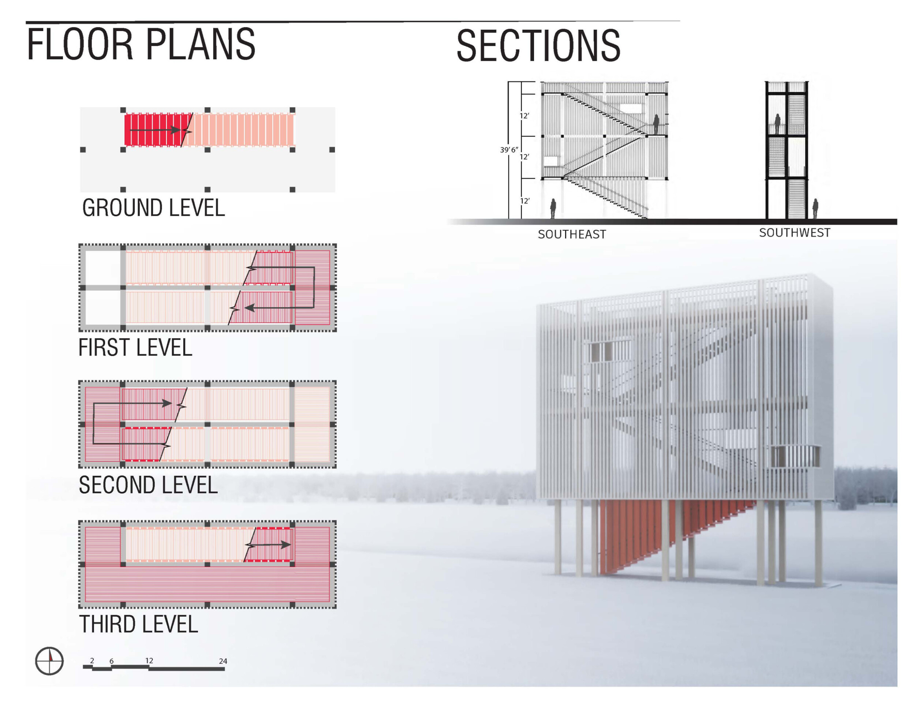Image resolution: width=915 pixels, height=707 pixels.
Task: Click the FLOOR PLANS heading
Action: [141, 44]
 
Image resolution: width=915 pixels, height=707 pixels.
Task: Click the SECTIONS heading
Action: [538, 46]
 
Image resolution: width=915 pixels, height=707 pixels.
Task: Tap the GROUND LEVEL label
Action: [153, 208]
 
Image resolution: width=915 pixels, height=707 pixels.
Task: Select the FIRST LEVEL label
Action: [135, 348]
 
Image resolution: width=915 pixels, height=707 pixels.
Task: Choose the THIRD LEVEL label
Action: [138, 625]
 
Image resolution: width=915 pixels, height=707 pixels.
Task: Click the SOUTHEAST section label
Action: [571, 235]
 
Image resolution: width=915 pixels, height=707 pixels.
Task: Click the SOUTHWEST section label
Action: [794, 233]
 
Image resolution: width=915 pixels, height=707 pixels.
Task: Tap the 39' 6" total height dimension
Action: [509, 150]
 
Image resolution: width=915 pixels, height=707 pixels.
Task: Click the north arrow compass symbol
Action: [49, 661]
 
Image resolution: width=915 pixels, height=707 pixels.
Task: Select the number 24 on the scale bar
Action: [223, 661]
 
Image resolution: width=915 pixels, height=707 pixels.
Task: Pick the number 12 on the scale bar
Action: [149, 661]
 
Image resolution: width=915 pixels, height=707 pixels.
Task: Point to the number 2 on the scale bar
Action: [92, 661]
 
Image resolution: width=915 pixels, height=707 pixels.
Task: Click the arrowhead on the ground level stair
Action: [176, 130]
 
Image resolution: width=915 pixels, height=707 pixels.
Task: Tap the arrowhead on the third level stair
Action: [286, 545]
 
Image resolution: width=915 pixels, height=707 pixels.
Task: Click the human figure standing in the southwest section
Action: [777, 124]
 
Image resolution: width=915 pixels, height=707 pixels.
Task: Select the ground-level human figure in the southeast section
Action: [553, 209]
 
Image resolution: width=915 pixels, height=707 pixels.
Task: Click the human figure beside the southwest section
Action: [815, 209]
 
